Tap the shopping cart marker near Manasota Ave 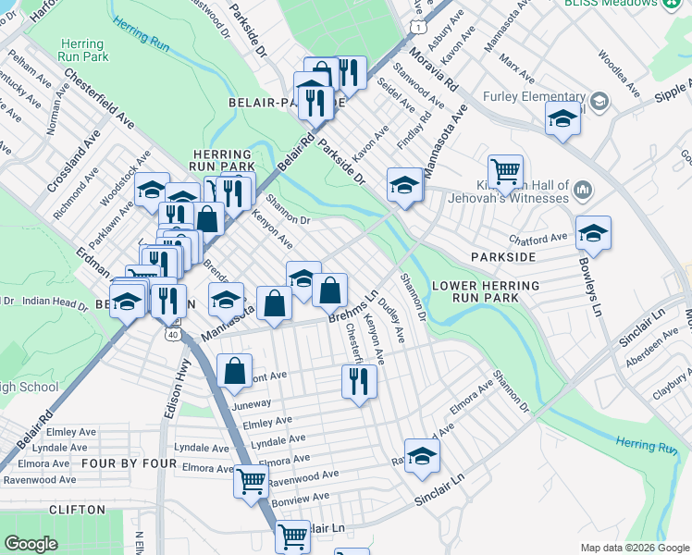(505, 170)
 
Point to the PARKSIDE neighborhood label (503, 255)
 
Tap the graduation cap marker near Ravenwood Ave (422, 456)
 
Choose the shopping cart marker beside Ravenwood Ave (251, 481)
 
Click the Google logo (31, 544)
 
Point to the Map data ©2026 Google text (634, 548)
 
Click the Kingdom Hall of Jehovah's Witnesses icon (582, 191)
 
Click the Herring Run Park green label (84, 50)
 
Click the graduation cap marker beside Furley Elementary (562, 118)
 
